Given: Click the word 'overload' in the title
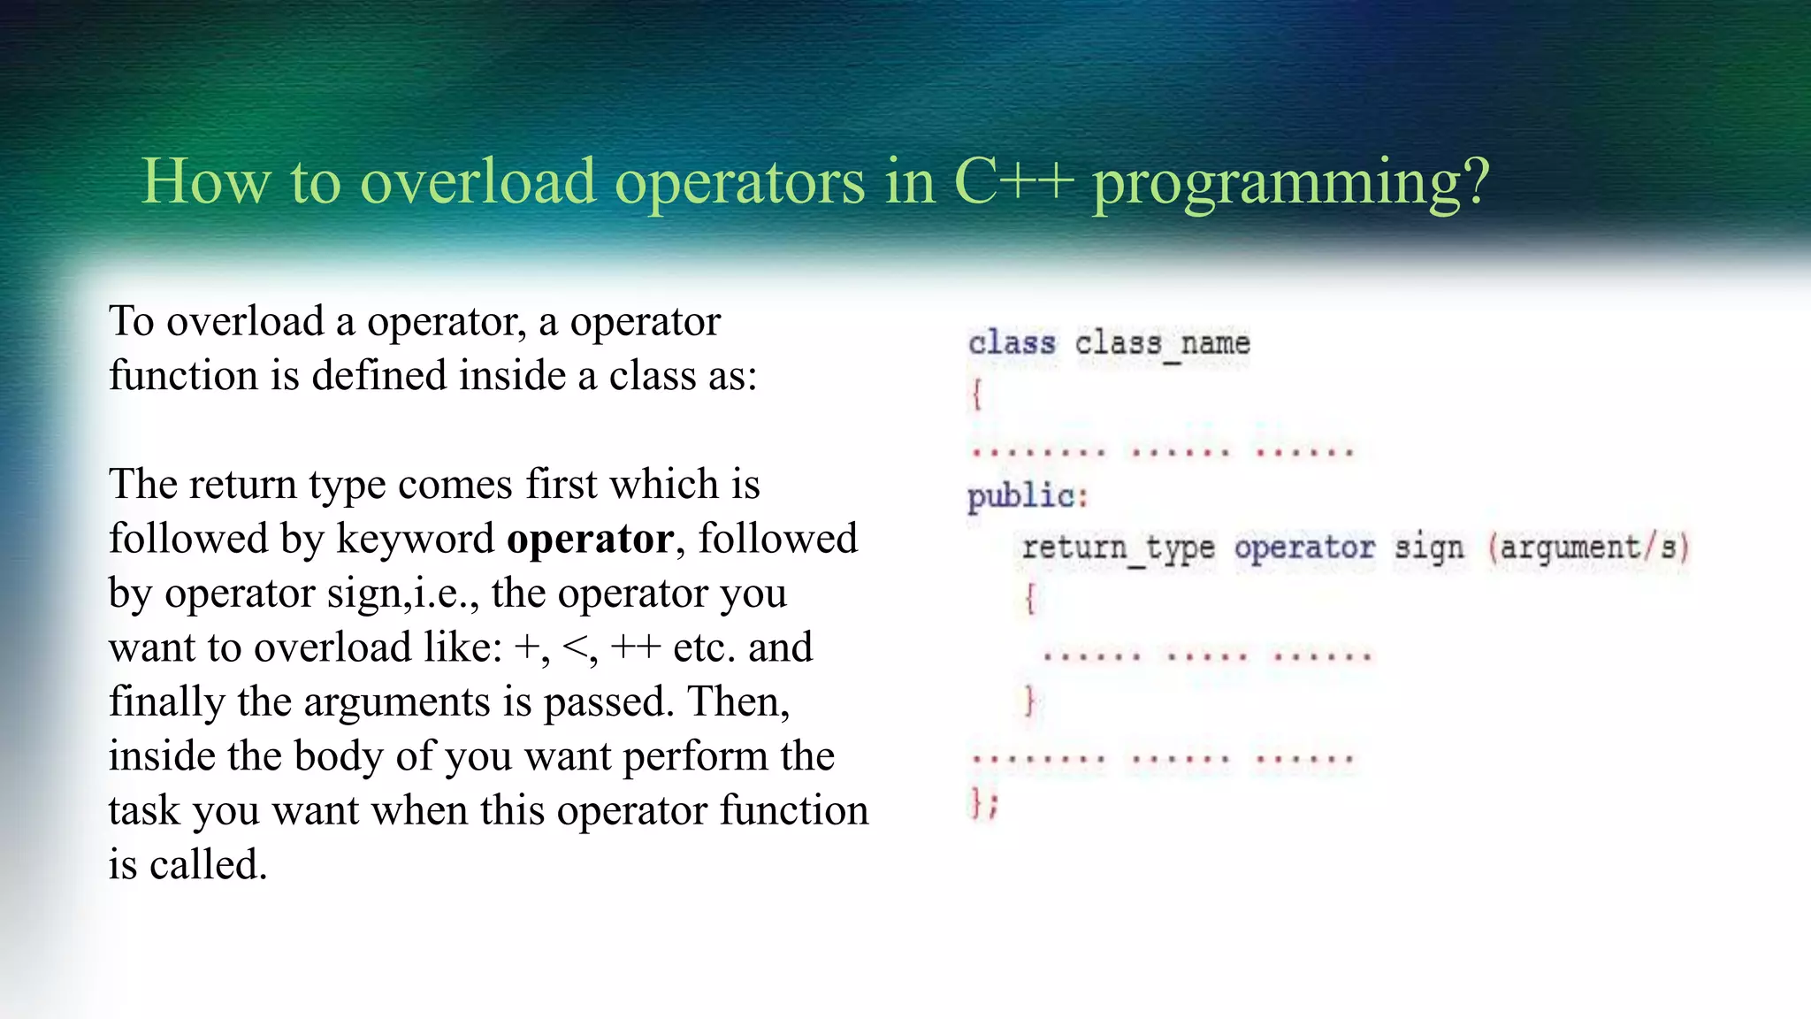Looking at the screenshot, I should click(x=477, y=181).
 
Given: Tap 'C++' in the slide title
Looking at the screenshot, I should click(x=1013, y=181).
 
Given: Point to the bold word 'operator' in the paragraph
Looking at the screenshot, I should click(x=590, y=540).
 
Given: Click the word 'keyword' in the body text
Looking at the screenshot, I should click(x=415, y=539).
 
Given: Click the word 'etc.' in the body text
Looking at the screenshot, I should click(x=704, y=647).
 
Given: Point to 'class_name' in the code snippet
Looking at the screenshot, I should click(x=1162, y=343).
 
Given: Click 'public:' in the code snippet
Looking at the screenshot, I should click(x=1027, y=496).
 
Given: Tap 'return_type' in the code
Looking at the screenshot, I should click(x=1118, y=548).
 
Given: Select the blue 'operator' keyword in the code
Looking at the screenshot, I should click(x=1304, y=548).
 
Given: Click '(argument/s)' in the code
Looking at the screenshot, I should click(x=1588, y=548).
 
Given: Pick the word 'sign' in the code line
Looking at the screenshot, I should click(x=1428, y=548).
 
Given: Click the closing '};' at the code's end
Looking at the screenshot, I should click(x=983, y=803).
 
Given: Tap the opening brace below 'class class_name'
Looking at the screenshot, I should click(x=976, y=394).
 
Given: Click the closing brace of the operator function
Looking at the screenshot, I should click(x=1029, y=701).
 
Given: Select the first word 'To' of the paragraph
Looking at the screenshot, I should click(x=131, y=321).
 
